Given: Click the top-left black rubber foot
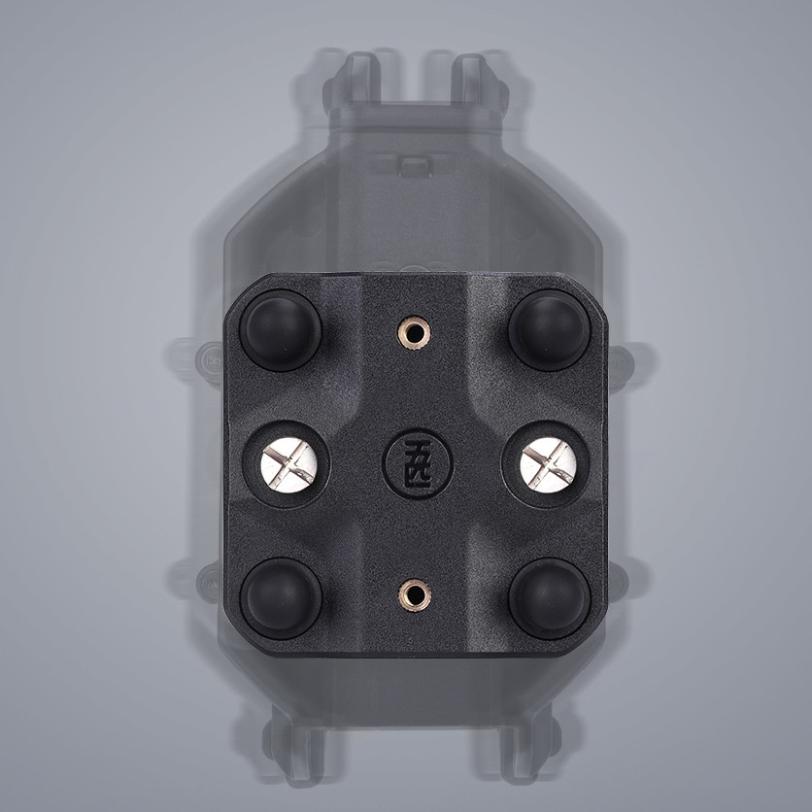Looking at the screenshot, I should click(280, 329).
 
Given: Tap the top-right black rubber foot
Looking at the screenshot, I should click(549, 329).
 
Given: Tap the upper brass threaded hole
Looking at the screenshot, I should click(415, 333).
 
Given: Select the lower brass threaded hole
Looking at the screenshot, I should click(415, 592).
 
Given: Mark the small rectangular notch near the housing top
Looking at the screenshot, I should click(414, 164).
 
